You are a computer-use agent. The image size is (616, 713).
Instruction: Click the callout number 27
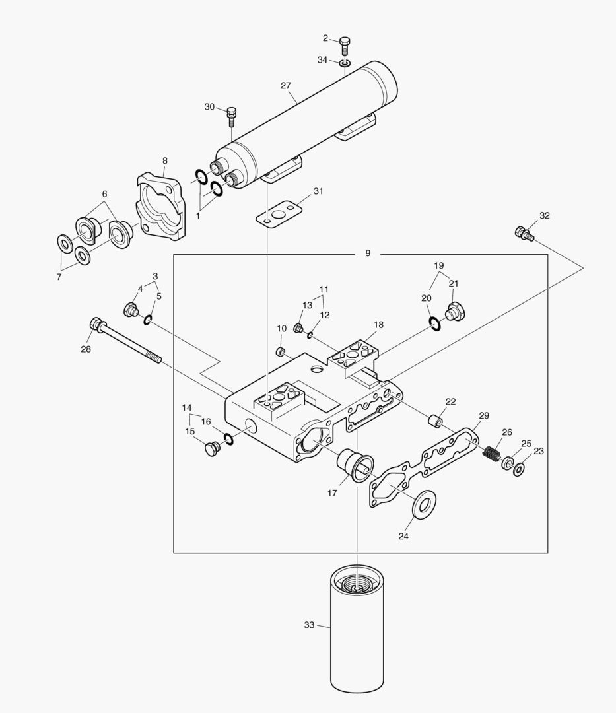pos(285,86)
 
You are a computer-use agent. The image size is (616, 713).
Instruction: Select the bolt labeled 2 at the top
pos(345,46)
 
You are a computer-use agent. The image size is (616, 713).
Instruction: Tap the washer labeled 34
pos(345,63)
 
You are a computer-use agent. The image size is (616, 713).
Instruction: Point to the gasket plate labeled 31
pos(278,215)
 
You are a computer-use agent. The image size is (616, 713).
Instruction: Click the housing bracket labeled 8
pos(162,204)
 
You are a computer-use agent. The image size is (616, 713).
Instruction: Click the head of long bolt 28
pos(96,325)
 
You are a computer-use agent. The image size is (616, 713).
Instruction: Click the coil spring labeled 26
pos(491,455)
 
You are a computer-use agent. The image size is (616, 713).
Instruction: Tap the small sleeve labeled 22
pos(435,421)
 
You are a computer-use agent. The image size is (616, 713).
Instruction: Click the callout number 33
pos(309,625)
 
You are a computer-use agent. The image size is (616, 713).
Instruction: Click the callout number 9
pos(368,254)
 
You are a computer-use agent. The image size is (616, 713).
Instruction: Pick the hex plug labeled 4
pos(131,309)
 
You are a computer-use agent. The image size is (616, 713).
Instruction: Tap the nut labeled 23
pos(520,469)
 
